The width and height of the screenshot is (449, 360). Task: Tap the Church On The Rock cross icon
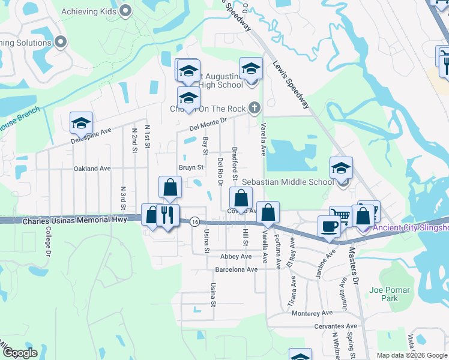pyautogui.click(x=255, y=108)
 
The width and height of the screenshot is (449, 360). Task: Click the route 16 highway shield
pyautogui.click(x=194, y=222)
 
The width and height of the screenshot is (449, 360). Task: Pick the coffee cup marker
pyautogui.click(x=329, y=226)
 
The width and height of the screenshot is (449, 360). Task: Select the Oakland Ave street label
pyautogui.click(x=92, y=169)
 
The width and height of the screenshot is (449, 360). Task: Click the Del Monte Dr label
pyautogui.click(x=206, y=124)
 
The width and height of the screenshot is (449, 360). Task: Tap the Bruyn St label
pyautogui.click(x=191, y=167)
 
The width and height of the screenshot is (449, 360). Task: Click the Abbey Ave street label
pyautogui.click(x=236, y=256)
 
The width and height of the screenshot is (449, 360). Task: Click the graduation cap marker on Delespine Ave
pyautogui.click(x=82, y=123)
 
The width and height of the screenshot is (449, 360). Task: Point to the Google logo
pyautogui.click(x=20, y=353)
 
